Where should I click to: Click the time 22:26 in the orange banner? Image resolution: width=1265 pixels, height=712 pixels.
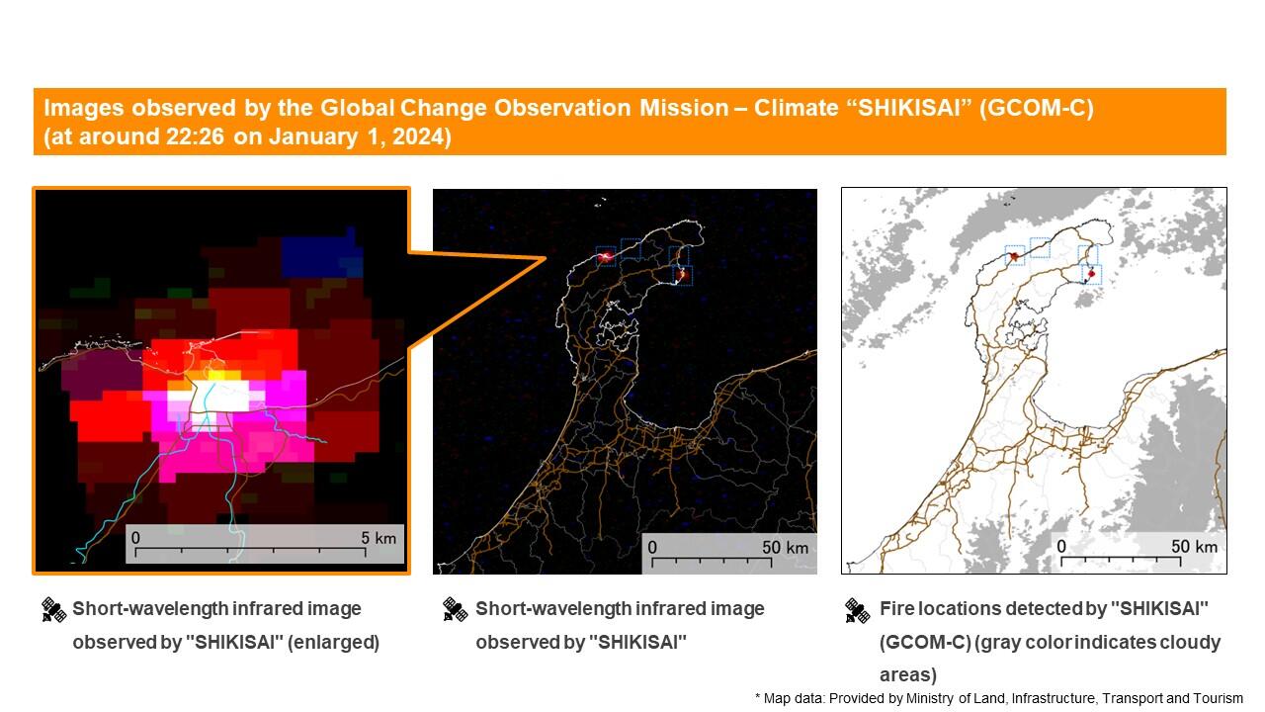click(195, 136)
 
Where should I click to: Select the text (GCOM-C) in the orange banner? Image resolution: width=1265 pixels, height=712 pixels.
click(1037, 108)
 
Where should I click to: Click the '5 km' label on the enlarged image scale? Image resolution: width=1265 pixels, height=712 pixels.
click(379, 537)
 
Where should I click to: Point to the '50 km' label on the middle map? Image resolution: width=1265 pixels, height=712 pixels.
click(785, 547)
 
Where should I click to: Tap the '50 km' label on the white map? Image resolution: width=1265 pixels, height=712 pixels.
click(1194, 546)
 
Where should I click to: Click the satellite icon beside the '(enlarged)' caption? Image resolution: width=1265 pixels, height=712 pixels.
click(53, 610)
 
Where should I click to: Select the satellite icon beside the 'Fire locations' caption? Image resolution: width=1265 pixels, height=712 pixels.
click(857, 611)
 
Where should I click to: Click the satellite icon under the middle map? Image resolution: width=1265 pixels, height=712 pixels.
click(456, 610)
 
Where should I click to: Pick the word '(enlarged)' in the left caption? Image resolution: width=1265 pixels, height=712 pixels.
click(333, 642)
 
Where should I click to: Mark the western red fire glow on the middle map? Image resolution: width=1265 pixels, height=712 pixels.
click(606, 257)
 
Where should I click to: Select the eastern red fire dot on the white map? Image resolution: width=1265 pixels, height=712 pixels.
click(1091, 274)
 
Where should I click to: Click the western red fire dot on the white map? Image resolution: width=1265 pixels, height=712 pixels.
click(1014, 256)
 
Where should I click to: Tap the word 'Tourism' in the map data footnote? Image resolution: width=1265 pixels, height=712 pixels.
click(1221, 698)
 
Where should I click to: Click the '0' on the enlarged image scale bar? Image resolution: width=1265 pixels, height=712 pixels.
click(135, 537)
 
